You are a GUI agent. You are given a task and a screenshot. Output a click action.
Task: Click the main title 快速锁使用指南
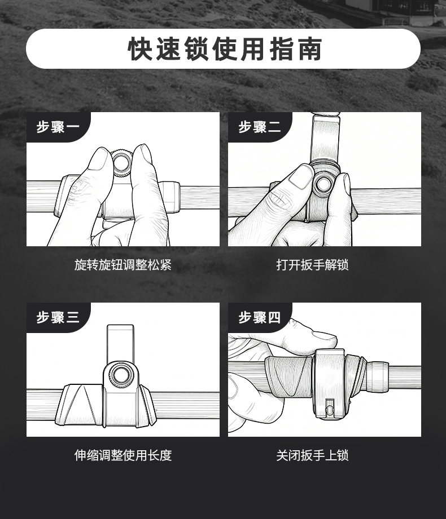pos(225,49)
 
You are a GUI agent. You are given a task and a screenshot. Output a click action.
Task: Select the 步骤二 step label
pos(260,127)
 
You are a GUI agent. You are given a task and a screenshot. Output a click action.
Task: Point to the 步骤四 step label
pos(260,317)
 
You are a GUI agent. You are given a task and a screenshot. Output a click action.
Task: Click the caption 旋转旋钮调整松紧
pos(123,265)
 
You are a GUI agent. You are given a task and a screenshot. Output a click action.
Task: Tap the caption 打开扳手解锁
pos(312,265)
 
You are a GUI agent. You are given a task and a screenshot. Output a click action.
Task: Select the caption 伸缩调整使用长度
pos(123,455)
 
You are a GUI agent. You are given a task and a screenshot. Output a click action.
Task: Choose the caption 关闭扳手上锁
pos(312,455)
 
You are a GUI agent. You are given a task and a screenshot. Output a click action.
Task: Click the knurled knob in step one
pos(121,163)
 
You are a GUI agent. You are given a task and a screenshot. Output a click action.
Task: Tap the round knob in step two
pos(323,184)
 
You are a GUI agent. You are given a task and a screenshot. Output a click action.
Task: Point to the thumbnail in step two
pos(301,178)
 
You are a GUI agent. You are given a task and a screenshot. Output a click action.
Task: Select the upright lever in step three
pos(120,344)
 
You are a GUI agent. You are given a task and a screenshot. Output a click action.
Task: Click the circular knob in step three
pos(121,375)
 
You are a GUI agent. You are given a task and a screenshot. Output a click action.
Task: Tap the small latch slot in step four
pos(329,407)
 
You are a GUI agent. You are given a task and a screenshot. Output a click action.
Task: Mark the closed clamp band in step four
pos(330,384)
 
